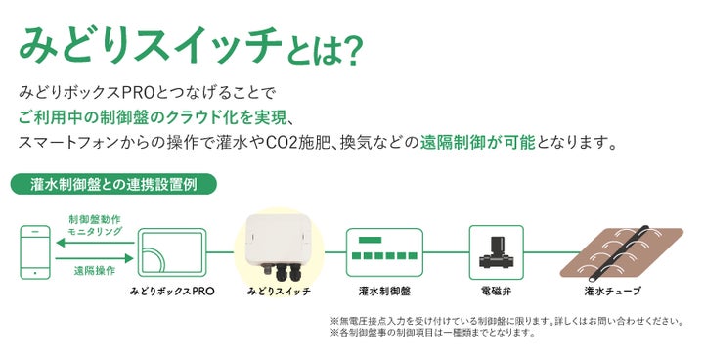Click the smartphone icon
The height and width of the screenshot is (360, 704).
pos(35,251)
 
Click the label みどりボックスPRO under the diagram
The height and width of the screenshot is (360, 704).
pos(172,292)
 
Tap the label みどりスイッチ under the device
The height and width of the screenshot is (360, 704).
pos(279,292)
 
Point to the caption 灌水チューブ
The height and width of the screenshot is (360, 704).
pos(612,292)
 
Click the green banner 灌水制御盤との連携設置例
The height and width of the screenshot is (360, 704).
pos(111,183)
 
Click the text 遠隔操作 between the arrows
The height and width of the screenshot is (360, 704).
pos(94,270)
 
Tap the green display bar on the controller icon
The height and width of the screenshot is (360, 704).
pos(371,240)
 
